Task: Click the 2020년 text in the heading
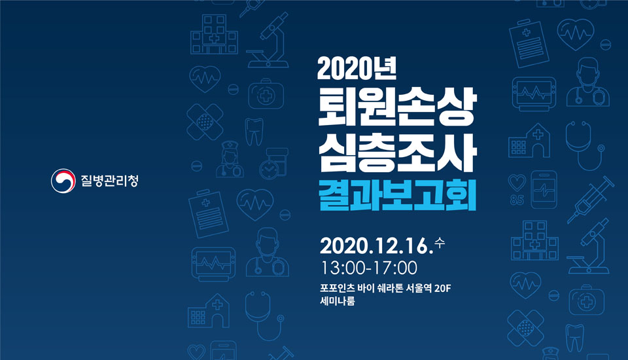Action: point(357,69)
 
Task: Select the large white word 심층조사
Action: point(397,153)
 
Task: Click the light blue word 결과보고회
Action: point(397,195)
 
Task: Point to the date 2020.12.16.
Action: point(377,245)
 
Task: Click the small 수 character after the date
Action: point(440,243)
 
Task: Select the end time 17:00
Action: point(395,268)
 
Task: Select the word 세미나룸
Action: point(338,300)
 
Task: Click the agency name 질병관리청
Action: point(109,181)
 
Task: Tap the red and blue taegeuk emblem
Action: point(63,181)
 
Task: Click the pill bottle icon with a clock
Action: point(273,163)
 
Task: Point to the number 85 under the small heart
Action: point(517,200)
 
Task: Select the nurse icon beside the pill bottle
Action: point(230,159)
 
